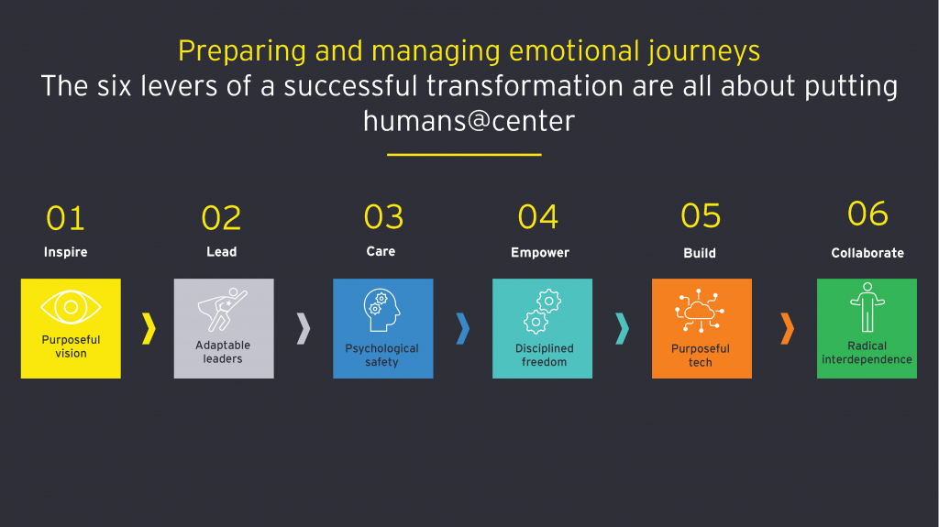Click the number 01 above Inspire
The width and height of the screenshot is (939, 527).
pos(65,218)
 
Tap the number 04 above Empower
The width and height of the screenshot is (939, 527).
pos(537,217)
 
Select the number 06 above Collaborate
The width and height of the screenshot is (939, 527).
pos(867,214)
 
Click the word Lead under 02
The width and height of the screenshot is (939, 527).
pos(222,252)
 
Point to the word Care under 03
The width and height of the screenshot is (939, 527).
pos(381,251)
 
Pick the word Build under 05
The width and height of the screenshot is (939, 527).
pos(700,253)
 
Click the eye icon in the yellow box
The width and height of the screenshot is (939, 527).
pos(71,307)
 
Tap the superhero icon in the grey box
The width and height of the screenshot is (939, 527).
pos(222,310)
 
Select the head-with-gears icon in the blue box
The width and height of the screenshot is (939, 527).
pos(381,310)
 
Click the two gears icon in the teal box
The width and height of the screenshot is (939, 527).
pos(542,312)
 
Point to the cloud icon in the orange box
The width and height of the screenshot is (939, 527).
pos(700,311)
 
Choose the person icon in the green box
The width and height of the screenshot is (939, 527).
pos(867,307)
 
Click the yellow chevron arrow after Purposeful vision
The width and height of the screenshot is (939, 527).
pos(149,328)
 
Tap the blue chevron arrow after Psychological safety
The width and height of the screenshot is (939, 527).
pos(462,328)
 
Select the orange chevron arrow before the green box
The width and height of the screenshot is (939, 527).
pos(787,328)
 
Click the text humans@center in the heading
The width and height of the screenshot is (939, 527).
pos(469,121)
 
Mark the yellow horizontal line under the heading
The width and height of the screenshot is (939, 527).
pos(464,155)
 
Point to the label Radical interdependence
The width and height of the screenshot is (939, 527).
pos(867,353)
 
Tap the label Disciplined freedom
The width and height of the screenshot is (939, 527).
pos(545,355)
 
